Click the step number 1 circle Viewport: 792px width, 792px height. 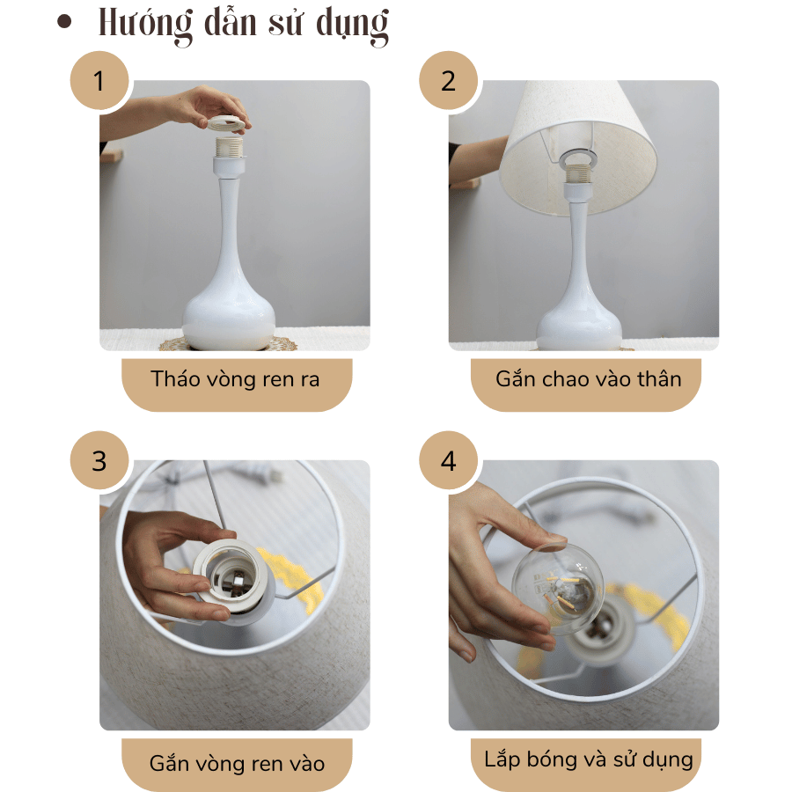point(99,81)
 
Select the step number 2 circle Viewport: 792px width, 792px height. point(449,81)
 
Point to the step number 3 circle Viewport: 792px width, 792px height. point(99,461)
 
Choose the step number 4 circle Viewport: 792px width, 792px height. point(449,461)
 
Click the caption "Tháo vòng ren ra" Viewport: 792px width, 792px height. point(236,380)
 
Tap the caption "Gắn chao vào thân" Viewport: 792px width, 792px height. point(588,380)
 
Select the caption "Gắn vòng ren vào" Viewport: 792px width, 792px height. point(236,762)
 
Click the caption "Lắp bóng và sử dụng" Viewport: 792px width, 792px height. point(588,759)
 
